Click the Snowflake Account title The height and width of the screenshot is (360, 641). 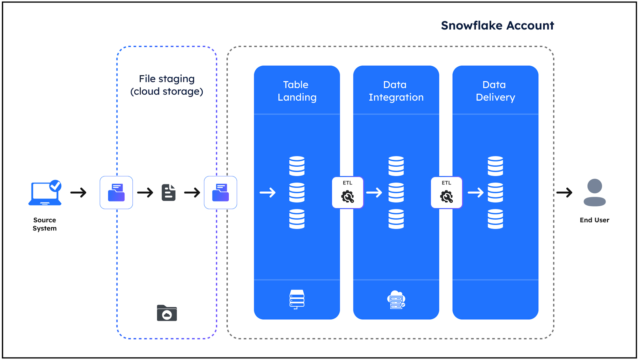(497, 25)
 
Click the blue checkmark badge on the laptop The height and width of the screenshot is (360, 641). (56, 186)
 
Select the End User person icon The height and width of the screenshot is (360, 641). (594, 193)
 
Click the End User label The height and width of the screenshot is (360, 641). (594, 220)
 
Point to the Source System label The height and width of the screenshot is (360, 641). (45, 224)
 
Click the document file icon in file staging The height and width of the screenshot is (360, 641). (168, 192)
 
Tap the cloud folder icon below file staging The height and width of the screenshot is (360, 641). (167, 313)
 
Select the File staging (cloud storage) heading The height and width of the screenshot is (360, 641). (167, 85)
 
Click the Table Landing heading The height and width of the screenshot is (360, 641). (297, 91)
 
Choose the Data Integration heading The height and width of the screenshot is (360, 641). (396, 91)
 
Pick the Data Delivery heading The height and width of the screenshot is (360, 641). (495, 91)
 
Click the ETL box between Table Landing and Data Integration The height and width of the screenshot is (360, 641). (347, 192)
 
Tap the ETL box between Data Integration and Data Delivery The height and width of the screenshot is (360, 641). (446, 192)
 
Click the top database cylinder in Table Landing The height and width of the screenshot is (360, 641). (297, 166)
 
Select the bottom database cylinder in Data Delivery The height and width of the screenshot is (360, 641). (495, 219)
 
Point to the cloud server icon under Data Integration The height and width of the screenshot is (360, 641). (396, 300)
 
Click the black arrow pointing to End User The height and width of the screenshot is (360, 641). (564, 192)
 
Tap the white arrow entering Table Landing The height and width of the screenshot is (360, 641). (268, 192)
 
